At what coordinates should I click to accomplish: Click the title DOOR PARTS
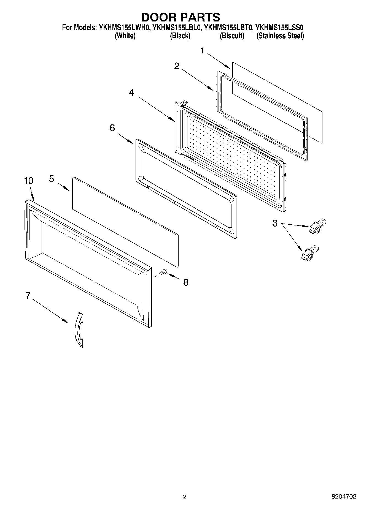coord(181,17)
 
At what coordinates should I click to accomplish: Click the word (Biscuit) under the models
coord(232,36)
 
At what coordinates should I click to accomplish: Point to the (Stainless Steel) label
coord(280,36)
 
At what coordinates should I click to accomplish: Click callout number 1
coord(203,51)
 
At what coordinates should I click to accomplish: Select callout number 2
coord(177,66)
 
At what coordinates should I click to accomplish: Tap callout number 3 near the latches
coord(275,223)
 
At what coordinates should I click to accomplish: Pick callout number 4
coord(131,93)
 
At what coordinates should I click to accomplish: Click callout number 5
coord(52,179)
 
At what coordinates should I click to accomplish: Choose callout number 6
coord(112,128)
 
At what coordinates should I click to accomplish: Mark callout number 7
coord(28,295)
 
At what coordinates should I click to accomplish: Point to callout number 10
coord(29,181)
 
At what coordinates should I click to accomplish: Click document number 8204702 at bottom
coord(343,497)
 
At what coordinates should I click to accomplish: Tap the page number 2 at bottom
coord(184,497)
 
